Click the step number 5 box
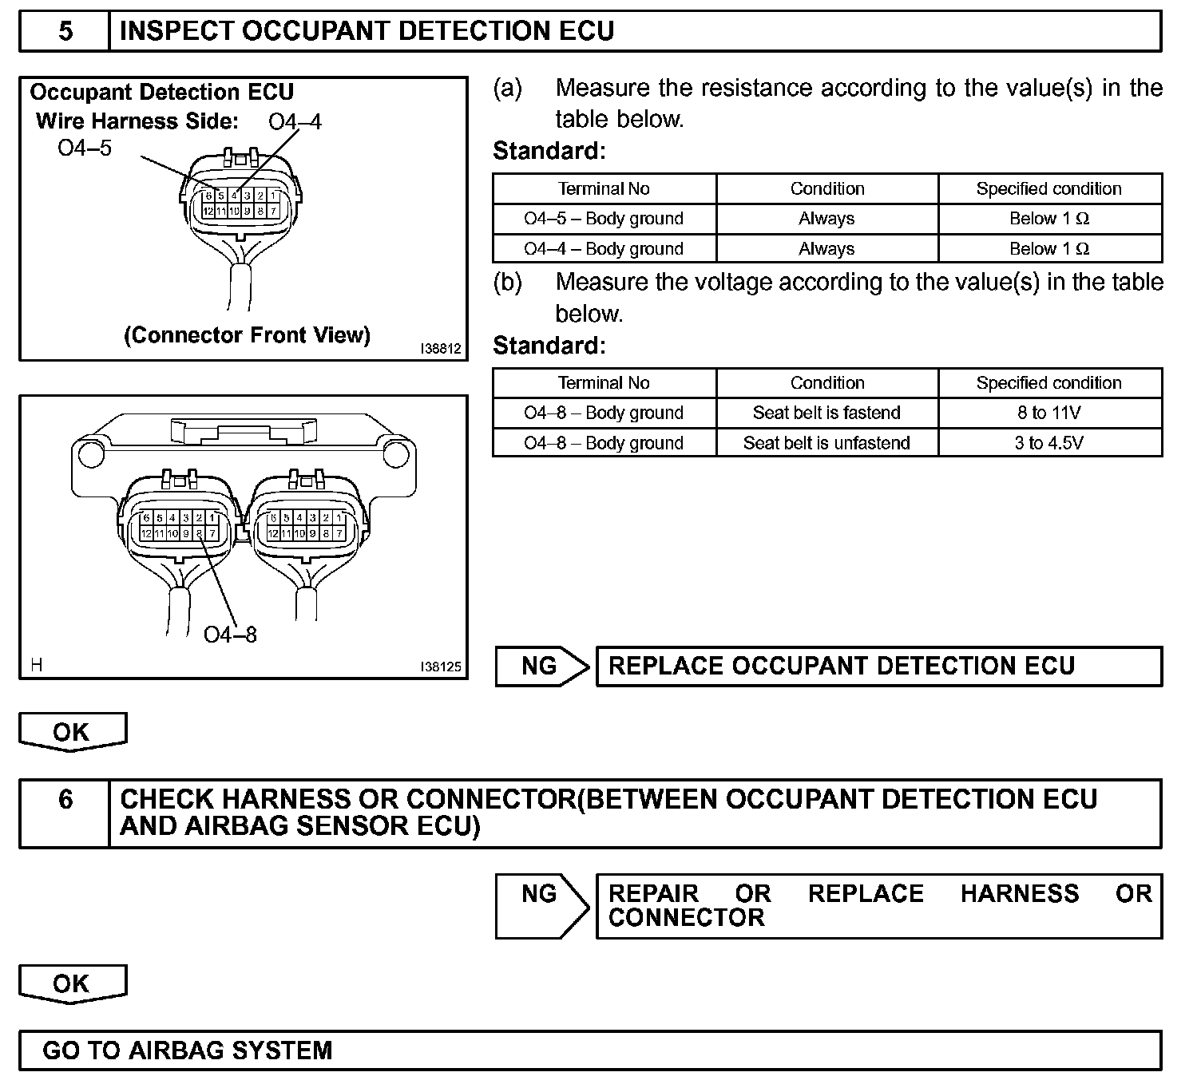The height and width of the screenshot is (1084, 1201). pyautogui.click(x=65, y=31)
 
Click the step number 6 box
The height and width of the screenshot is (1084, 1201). pyautogui.click(x=65, y=800)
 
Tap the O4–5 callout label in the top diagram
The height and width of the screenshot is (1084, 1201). pyautogui.click(x=85, y=148)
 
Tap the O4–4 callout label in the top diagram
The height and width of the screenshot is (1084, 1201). pyautogui.click(x=295, y=121)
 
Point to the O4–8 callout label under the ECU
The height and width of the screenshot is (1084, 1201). pyautogui.click(x=230, y=635)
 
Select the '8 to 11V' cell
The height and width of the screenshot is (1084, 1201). pyautogui.click(x=1049, y=413)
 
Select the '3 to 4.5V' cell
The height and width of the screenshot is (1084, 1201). pyautogui.click(x=1049, y=443)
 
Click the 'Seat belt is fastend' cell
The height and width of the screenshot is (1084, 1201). pyautogui.click(x=826, y=413)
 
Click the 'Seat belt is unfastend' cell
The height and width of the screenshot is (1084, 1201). pyautogui.click(x=826, y=443)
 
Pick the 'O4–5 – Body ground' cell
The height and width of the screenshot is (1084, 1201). pyautogui.click(x=604, y=219)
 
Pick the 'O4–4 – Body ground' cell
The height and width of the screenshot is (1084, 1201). pyautogui.click(x=604, y=249)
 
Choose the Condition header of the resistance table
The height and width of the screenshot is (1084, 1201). pyautogui.click(x=826, y=189)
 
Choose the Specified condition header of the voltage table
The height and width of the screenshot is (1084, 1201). pyautogui.click(x=1049, y=383)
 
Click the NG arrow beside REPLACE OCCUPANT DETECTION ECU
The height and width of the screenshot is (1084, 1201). pyautogui.click(x=540, y=667)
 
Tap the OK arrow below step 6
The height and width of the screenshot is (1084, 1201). pyautogui.click(x=72, y=983)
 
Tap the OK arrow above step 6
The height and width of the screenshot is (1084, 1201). pyautogui.click(x=72, y=732)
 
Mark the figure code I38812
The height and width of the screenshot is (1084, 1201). pyautogui.click(x=441, y=349)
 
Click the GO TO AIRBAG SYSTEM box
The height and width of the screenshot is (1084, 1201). pyautogui.click(x=589, y=1050)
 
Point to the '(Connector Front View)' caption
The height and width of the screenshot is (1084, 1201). pyautogui.click(x=247, y=335)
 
